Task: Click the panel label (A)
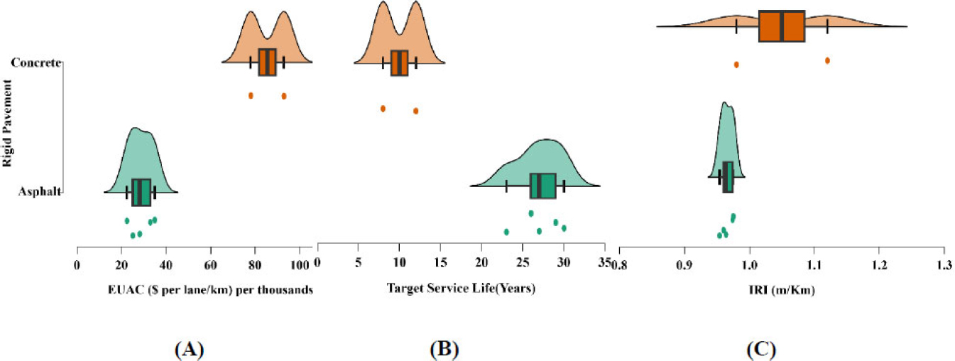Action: point(189,350)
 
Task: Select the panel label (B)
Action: point(444,350)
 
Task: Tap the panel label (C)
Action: point(761,350)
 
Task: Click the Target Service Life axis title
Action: point(460,289)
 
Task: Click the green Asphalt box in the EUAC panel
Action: point(141,192)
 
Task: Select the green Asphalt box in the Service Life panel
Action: point(543,186)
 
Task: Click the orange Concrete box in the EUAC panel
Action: point(267,63)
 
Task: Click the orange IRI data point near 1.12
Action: point(827,60)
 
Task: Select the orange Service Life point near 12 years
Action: point(415,111)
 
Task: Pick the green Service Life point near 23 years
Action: point(506,232)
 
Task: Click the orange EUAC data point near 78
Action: point(251,95)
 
